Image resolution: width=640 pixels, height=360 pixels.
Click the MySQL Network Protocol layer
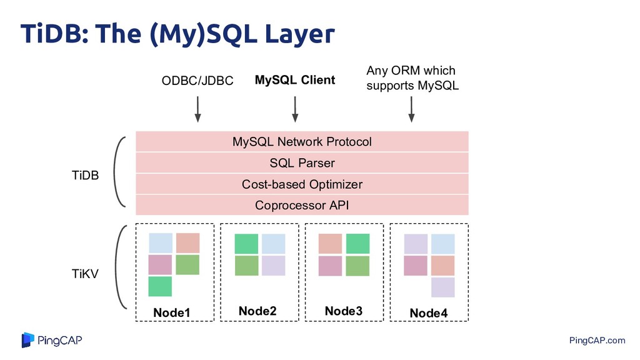pos(302,142)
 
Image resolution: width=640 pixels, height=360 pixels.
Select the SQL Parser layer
pos(302,163)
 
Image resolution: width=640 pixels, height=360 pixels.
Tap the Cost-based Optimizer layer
pos(302,184)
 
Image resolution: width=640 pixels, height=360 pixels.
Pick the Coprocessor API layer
pos(302,205)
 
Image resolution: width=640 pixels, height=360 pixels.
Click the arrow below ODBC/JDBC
pos(198,109)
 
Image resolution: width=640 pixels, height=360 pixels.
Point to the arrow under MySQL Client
pos(295,109)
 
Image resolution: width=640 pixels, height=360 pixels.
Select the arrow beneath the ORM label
pos(411,109)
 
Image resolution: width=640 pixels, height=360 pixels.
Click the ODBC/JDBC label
pos(197,81)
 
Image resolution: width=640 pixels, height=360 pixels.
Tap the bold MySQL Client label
pos(295,80)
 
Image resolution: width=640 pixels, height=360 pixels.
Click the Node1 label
pos(172,312)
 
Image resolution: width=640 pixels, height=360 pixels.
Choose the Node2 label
pos(257,311)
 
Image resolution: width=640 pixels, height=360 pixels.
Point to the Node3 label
pos(344,311)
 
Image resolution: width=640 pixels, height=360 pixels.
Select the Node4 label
pos(429,313)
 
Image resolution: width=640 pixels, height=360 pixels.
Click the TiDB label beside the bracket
pos(85,175)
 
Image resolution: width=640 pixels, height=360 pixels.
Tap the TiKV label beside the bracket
pos(85,274)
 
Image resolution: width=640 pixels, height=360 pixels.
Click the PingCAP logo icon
pos(27,340)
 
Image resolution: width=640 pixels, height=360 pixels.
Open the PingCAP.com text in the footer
pos(597,341)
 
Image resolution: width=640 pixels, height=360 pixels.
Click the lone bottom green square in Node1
pos(160,286)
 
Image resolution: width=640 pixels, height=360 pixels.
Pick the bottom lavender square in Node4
pos(443,287)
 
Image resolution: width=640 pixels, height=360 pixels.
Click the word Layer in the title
pos(299,34)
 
